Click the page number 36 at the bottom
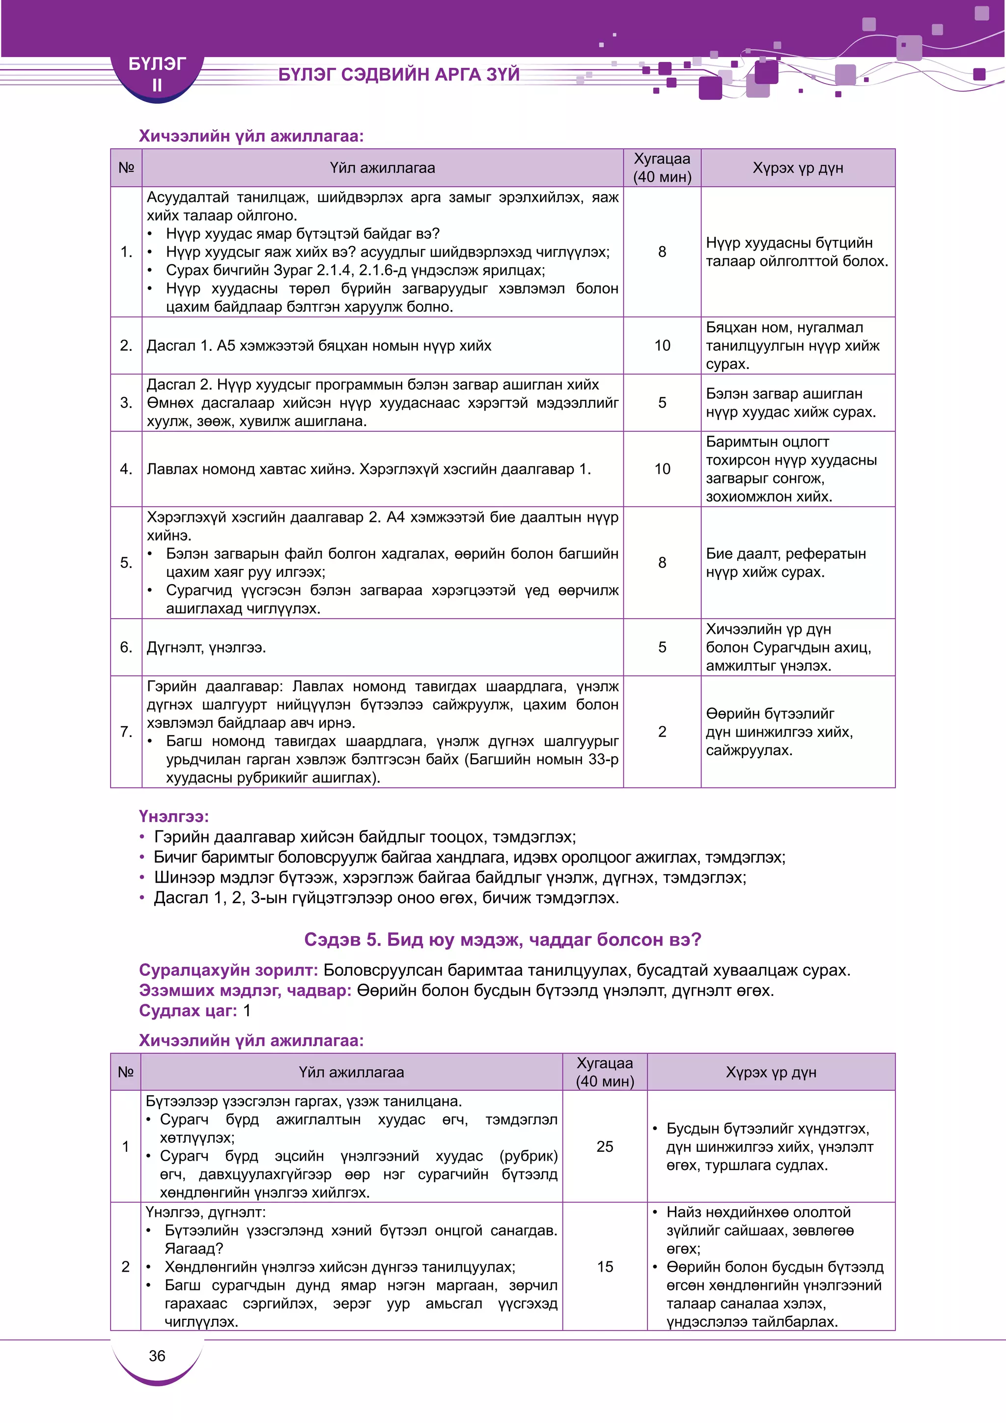(x=157, y=1356)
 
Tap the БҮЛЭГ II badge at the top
(x=157, y=74)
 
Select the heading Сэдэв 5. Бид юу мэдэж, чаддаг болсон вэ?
(x=503, y=939)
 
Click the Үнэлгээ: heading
(x=173, y=816)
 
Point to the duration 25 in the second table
(x=605, y=1146)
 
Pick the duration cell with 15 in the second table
(x=605, y=1267)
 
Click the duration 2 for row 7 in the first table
(x=662, y=732)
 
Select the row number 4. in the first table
(x=126, y=469)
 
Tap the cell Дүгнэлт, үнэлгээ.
(x=206, y=648)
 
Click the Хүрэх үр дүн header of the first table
(x=797, y=168)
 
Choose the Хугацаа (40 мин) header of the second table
(x=605, y=1072)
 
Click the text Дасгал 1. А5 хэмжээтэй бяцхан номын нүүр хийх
(x=318, y=346)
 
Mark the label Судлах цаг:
(x=188, y=1011)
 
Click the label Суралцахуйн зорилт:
(x=228, y=970)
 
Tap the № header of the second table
(x=126, y=1072)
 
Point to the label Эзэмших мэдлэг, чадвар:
(x=245, y=991)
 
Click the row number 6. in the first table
(x=126, y=648)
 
